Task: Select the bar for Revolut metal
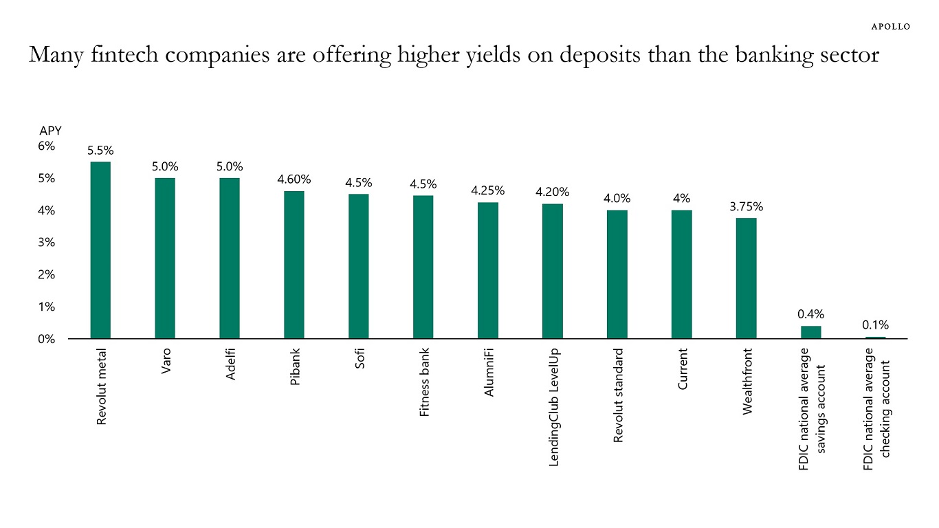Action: coord(100,250)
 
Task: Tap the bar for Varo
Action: coord(165,258)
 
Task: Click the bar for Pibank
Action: coord(294,265)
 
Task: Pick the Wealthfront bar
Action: coord(746,278)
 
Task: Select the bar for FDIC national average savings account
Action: coord(810,332)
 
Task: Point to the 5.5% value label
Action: coord(100,151)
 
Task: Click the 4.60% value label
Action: coord(294,179)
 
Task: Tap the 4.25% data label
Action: coord(488,190)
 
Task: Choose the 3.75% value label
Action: coord(746,206)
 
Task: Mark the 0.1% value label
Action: coord(875,324)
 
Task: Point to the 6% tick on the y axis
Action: coord(47,146)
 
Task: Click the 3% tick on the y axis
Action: coord(47,243)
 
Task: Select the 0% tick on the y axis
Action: coord(47,339)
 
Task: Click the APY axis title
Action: coord(50,131)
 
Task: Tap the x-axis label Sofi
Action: coord(360,359)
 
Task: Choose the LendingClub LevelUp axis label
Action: coord(553,407)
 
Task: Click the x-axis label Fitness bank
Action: coord(424,384)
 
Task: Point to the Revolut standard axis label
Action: coord(618,395)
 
